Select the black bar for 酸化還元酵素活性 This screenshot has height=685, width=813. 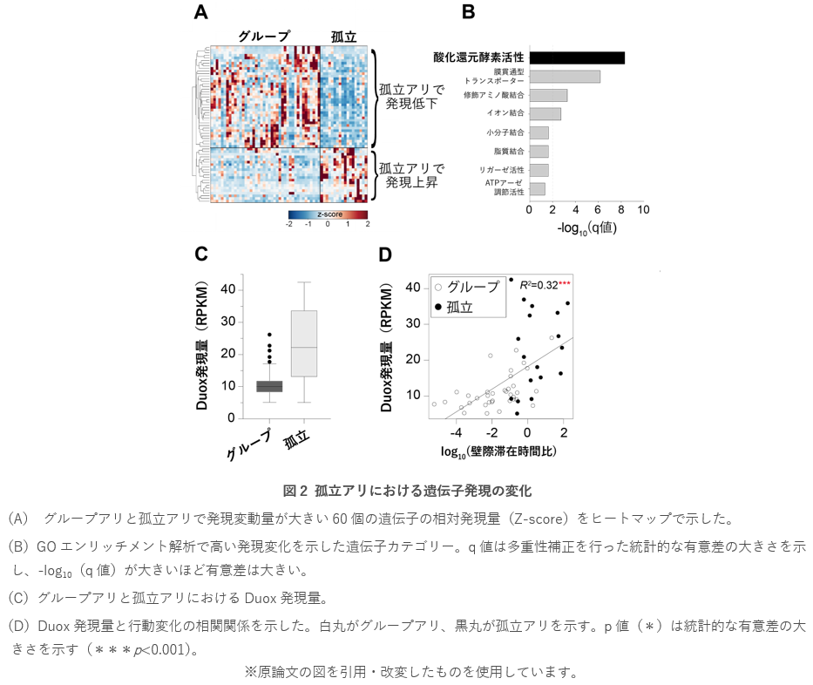coord(577,58)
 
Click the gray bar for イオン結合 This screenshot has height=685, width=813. coord(545,113)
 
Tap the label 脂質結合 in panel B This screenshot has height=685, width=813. coord(510,152)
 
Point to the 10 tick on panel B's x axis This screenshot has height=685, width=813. coord(643,210)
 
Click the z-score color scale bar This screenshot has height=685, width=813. coord(328,214)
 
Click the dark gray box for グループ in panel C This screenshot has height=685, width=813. coord(269,386)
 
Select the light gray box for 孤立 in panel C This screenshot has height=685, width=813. coord(304,343)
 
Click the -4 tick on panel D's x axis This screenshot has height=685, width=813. coord(455,432)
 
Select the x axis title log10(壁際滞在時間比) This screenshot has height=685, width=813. coord(499,451)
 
